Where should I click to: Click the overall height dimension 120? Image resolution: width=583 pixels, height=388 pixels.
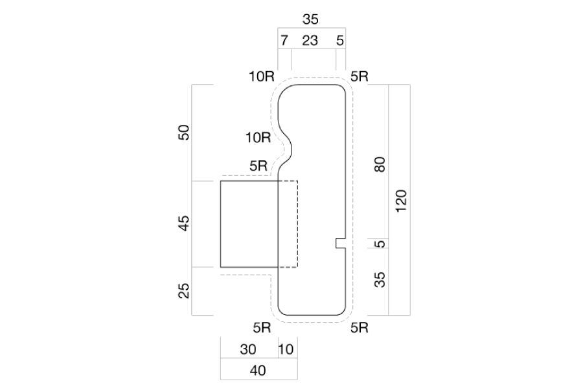(400, 203)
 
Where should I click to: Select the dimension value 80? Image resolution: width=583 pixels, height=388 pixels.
(380, 164)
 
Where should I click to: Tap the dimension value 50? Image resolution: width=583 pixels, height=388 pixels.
(184, 133)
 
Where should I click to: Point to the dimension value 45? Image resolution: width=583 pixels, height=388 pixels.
(184, 224)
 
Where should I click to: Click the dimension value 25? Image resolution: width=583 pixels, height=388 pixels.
(184, 291)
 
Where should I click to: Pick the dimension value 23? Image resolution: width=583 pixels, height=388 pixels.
(310, 41)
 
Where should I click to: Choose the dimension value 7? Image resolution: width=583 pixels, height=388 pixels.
(284, 41)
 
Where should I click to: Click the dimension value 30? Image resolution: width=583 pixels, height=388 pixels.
(248, 350)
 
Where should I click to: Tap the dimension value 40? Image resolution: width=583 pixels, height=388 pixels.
(258, 371)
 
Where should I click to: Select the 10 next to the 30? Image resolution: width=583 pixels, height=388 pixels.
(286, 350)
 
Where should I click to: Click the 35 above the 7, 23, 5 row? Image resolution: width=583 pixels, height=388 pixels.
(310, 19)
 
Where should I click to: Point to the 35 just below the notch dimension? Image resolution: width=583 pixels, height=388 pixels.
(380, 279)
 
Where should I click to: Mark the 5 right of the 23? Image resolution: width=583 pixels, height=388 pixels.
(340, 41)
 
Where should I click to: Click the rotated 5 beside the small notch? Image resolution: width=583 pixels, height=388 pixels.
(380, 244)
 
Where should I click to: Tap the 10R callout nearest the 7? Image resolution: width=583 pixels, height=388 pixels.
(261, 76)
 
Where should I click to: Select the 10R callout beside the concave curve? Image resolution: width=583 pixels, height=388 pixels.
(258, 137)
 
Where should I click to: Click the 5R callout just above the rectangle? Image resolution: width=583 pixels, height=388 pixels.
(258, 166)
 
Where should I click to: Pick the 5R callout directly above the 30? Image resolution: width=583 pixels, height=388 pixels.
(261, 328)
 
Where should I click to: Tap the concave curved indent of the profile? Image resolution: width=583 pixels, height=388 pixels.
(287, 145)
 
